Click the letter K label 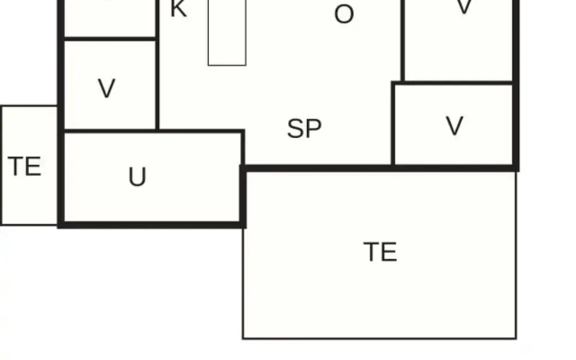tap(179, 9)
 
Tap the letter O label tap(344, 14)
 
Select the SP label tap(304, 129)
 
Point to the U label tap(138, 176)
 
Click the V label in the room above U tap(107, 88)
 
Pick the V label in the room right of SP tap(454, 126)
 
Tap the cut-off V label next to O tap(464, 6)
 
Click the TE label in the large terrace tap(380, 252)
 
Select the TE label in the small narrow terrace tap(24, 166)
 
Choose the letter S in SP tap(296, 129)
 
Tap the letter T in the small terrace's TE tap(15, 166)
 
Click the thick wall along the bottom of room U tap(152, 225)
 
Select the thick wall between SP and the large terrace tap(380, 168)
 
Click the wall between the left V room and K tap(157, 65)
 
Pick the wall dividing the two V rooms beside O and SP tap(453, 84)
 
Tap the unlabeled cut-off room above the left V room tap(110, 18)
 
